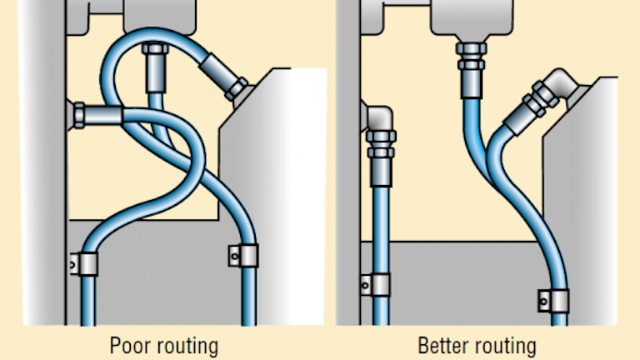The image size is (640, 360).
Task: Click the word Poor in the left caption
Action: [128, 344]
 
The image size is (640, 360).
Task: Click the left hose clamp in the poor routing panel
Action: [85, 263]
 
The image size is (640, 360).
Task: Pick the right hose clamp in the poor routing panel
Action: [238, 254]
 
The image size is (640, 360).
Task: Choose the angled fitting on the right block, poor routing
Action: [233, 87]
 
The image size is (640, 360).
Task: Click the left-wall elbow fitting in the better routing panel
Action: [382, 133]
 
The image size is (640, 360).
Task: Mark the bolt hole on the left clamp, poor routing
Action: [73, 265]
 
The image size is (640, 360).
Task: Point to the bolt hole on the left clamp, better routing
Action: [367, 286]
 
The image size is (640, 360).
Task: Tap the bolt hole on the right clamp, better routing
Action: [542, 297]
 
